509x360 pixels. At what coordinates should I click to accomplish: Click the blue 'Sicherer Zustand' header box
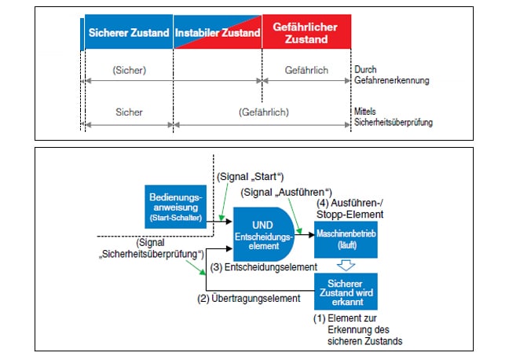(128, 33)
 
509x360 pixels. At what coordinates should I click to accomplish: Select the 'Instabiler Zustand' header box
(218, 33)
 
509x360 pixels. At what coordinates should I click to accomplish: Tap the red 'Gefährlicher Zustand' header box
(306, 32)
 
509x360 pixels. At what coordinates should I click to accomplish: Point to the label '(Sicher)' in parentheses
(128, 71)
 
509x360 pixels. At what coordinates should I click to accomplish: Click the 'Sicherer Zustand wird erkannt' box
(346, 292)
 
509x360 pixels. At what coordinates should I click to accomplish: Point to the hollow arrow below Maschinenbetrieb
(346, 265)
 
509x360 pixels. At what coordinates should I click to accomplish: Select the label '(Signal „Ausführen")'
(287, 193)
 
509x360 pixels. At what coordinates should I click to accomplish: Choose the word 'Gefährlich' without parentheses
(306, 71)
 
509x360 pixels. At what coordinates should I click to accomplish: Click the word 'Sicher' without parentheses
(128, 112)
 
